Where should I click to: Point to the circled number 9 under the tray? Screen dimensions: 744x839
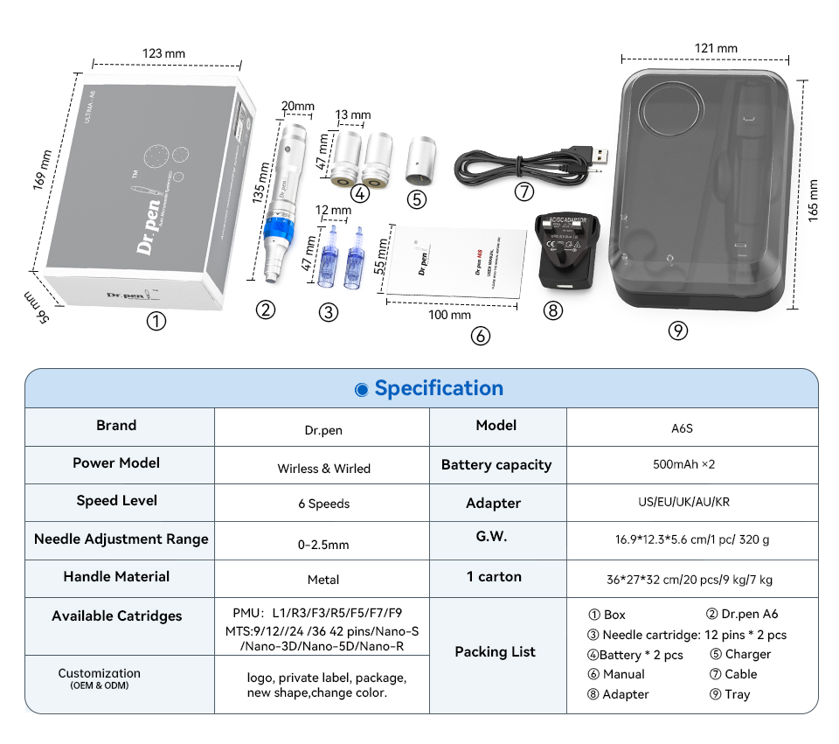click(x=677, y=330)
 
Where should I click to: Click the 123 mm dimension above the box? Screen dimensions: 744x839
click(x=164, y=53)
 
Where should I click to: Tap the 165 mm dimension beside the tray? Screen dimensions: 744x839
click(x=814, y=201)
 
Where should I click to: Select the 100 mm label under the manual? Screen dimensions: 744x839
click(x=449, y=315)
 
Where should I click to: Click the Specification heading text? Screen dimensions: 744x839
click(x=438, y=388)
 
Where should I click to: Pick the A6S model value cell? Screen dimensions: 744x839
click(x=683, y=428)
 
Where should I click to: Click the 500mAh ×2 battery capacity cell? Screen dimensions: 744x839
click(x=683, y=464)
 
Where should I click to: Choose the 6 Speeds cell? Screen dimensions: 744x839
click(x=323, y=504)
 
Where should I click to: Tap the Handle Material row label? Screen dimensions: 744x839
click(x=117, y=577)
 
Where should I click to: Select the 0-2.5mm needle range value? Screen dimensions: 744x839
click(x=323, y=544)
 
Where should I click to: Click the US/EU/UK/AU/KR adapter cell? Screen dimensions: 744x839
click(x=683, y=504)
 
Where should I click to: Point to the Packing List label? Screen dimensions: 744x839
click(x=495, y=652)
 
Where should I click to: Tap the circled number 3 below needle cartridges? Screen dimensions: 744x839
click(x=328, y=312)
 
